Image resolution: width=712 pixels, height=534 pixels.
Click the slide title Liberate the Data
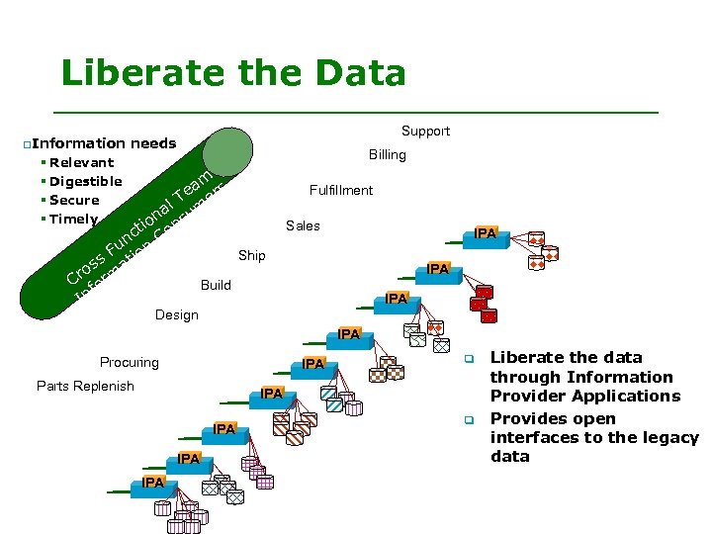tap(233, 73)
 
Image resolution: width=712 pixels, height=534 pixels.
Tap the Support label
tap(425, 131)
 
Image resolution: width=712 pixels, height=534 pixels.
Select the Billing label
tap(387, 154)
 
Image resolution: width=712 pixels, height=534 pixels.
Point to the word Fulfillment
tap(340, 190)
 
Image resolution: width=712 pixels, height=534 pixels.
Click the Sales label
tap(303, 225)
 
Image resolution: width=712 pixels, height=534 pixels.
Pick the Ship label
tap(251, 255)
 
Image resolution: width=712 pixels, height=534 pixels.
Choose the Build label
tap(216, 285)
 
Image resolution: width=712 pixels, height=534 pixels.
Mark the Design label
tap(177, 314)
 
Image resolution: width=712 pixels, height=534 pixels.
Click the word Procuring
tap(129, 362)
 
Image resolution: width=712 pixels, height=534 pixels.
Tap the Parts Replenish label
tap(85, 386)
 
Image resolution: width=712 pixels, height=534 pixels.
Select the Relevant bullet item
tap(81, 162)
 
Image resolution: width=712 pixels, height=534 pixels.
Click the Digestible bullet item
tap(85, 181)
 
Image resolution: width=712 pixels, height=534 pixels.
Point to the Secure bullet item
tap(74, 200)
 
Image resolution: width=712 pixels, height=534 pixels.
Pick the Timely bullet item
tap(73, 219)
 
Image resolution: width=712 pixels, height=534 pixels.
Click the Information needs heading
tap(104, 143)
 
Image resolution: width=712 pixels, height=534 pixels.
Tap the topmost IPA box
tap(486, 233)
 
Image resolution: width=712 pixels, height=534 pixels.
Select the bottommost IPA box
tap(152, 482)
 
